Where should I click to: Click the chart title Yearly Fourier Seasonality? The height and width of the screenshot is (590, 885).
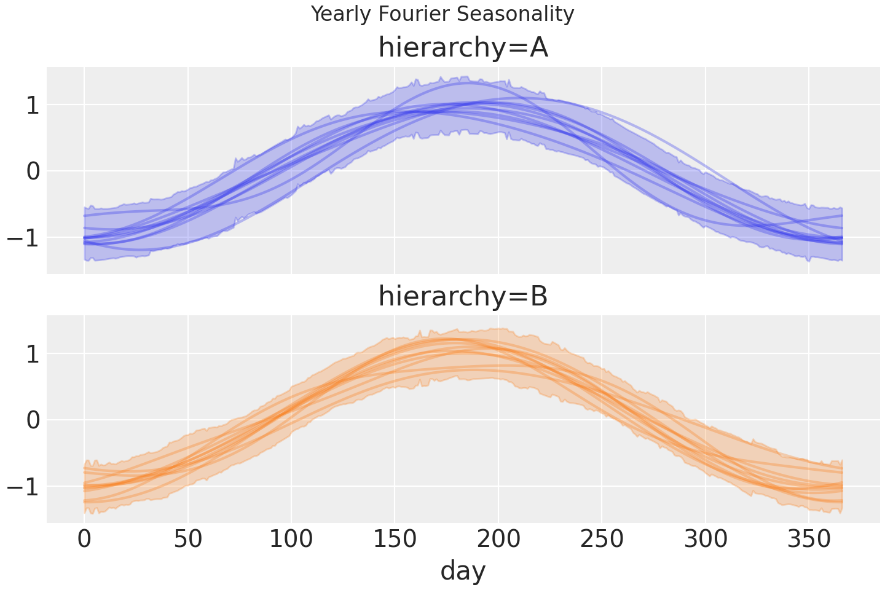pos(442,14)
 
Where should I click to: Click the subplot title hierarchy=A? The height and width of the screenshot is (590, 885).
pos(463,47)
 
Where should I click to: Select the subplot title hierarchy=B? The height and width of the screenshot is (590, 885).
pos(463,296)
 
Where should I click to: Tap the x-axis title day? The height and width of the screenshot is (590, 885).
pos(463,570)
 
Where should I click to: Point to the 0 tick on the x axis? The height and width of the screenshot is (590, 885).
pos(84,540)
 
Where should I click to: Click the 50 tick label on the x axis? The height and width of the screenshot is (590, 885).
pos(187,540)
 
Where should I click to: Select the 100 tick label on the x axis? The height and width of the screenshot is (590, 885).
pos(291,540)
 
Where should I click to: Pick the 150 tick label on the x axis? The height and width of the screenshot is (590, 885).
pos(395,540)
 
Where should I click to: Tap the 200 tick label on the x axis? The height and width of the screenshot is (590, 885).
pos(498,540)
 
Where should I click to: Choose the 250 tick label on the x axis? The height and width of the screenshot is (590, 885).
pos(602,540)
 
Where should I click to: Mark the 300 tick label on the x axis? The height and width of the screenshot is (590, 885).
pos(706,540)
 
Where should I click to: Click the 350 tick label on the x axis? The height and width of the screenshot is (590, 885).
pos(809,540)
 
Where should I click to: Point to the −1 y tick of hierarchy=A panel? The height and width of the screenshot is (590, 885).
pos(23,238)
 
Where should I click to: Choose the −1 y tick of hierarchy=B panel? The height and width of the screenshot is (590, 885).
pos(23,487)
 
